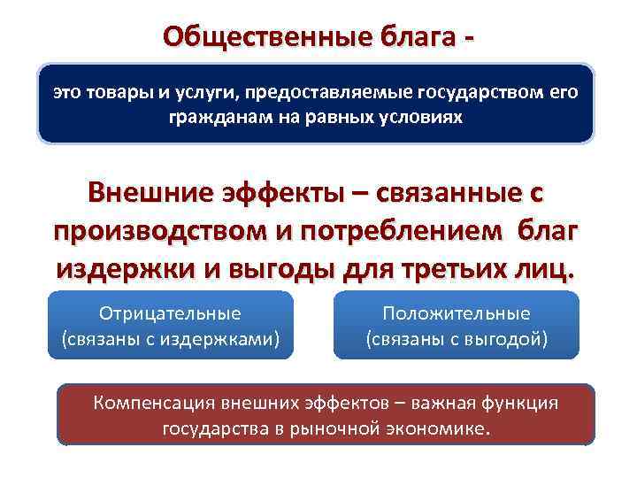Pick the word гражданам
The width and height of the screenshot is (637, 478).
[218, 117]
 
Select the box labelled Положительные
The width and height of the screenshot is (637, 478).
[456, 325]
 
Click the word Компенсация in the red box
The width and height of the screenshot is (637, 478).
[156, 404]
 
